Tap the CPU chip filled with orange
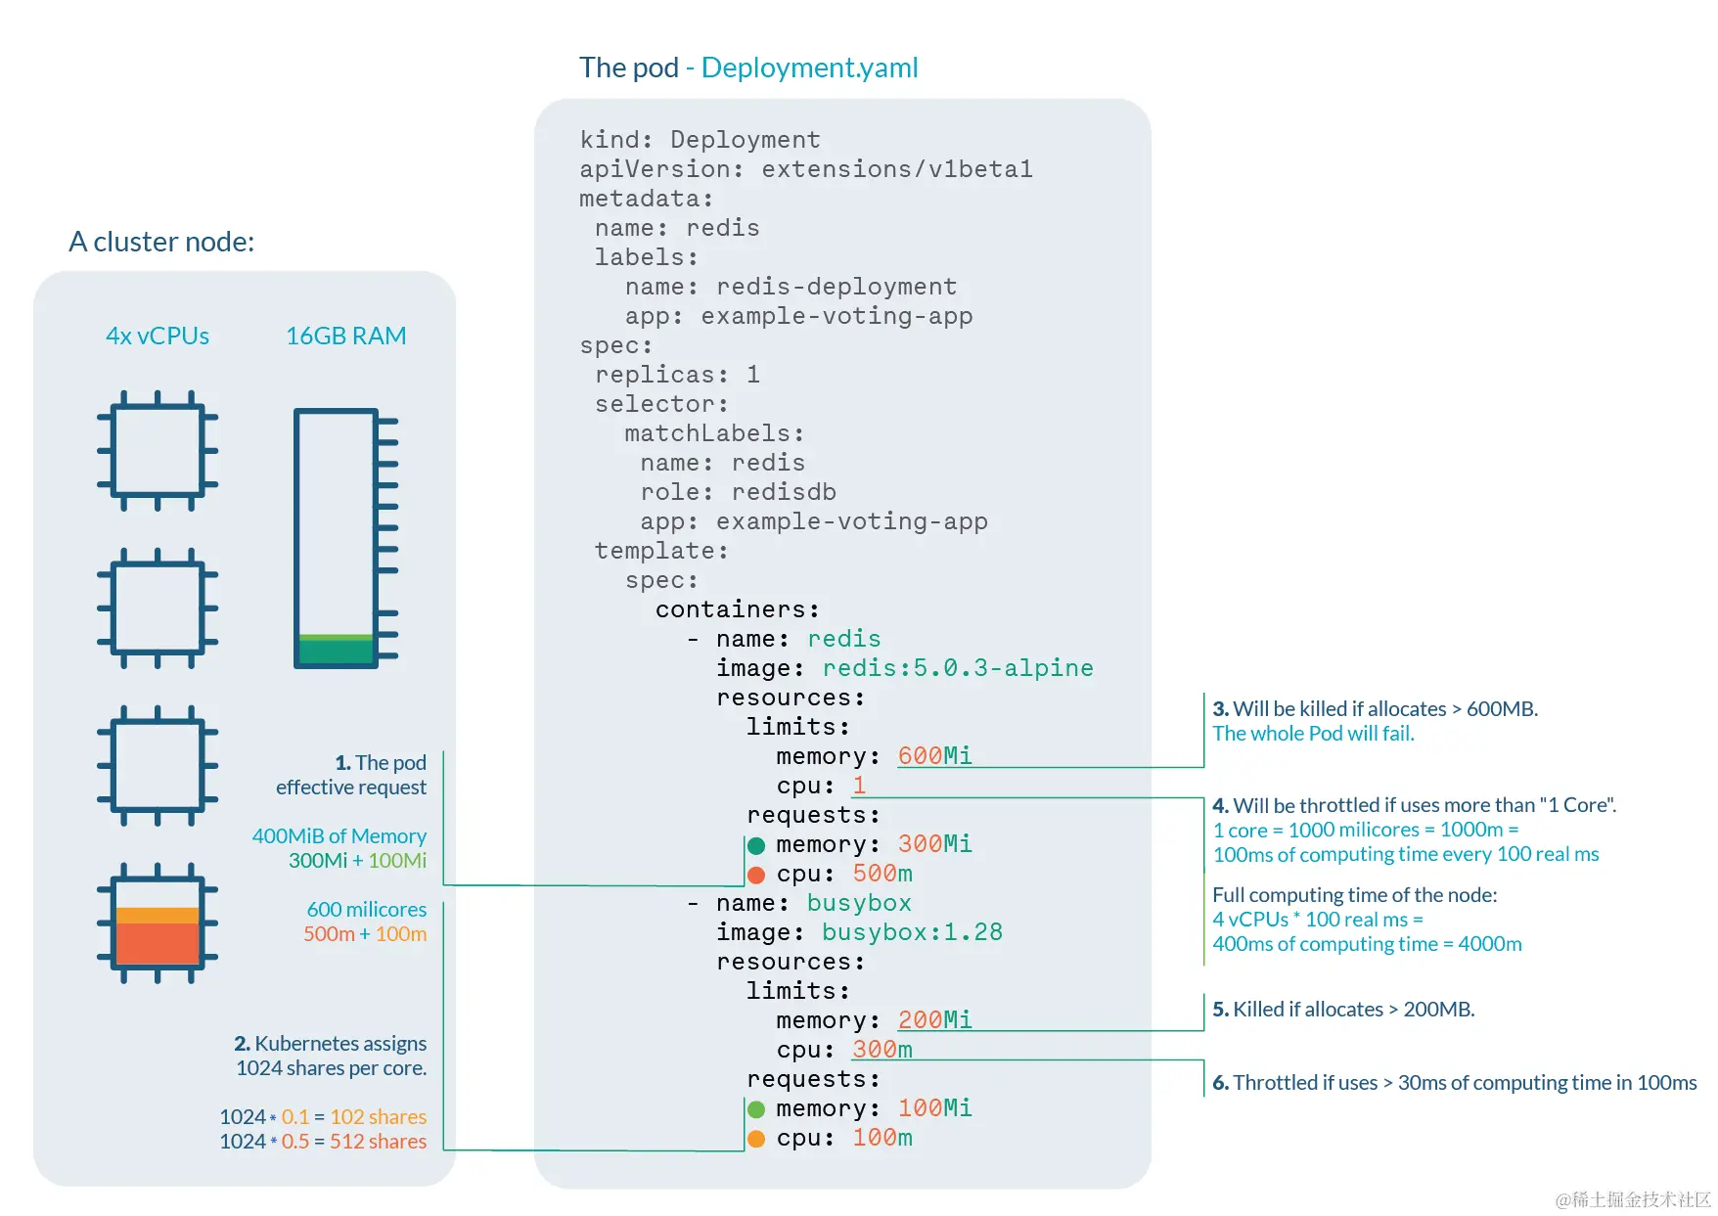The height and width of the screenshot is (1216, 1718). coord(157,923)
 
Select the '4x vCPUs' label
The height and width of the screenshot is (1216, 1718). coord(158,336)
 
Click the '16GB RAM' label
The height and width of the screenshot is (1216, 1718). coord(345,336)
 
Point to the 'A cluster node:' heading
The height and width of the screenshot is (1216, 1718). coord(161,242)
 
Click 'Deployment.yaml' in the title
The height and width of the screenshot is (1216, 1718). coord(809,68)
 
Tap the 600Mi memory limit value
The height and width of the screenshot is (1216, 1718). coord(934,755)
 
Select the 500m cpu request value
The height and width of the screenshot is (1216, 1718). coord(882,873)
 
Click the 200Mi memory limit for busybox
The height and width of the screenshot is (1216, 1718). coord(934,1019)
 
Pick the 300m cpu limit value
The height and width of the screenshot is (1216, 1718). coord(882,1049)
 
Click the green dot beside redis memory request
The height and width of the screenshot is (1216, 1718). coord(756,845)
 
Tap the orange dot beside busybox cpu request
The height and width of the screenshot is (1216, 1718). coord(756,1139)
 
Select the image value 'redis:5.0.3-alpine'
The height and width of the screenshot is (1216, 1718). coord(957,667)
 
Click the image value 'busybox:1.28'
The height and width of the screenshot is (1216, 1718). coord(912,931)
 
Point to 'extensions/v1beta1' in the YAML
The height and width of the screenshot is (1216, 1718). coord(896,168)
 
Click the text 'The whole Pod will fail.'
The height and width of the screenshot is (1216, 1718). coord(1313,734)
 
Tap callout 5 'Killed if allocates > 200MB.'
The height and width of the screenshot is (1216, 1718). coord(1343,1010)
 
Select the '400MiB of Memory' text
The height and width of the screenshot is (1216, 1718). coord(339,836)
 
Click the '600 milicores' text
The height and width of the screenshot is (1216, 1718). coord(366,910)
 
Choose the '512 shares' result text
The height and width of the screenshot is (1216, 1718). coord(378,1142)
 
